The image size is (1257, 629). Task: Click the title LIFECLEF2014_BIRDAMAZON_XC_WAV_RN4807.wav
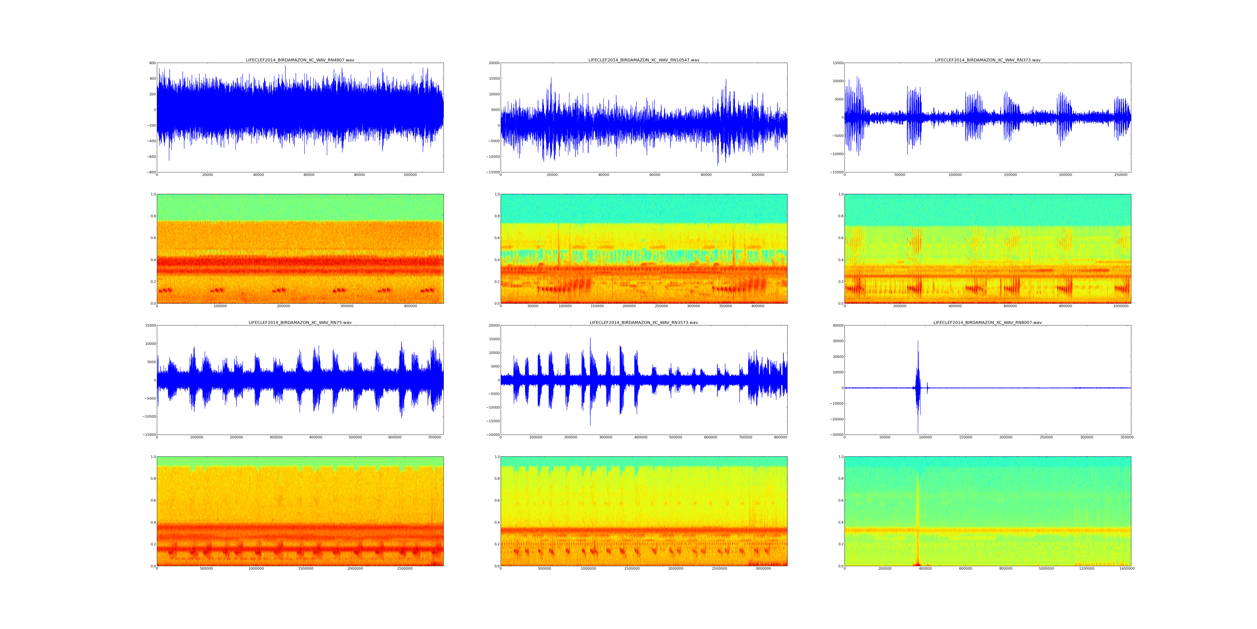pyautogui.click(x=300, y=60)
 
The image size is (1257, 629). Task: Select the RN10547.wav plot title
pyautogui.click(x=644, y=60)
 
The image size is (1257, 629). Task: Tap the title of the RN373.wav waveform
pyautogui.click(x=987, y=60)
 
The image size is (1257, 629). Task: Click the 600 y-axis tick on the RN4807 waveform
pyautogui.click(x=152, y=63)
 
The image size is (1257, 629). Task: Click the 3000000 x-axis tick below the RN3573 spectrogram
pyautogui.click(x=763, y=568)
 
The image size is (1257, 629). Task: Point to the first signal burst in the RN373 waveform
pyautogui.click(x=854, y=117)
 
